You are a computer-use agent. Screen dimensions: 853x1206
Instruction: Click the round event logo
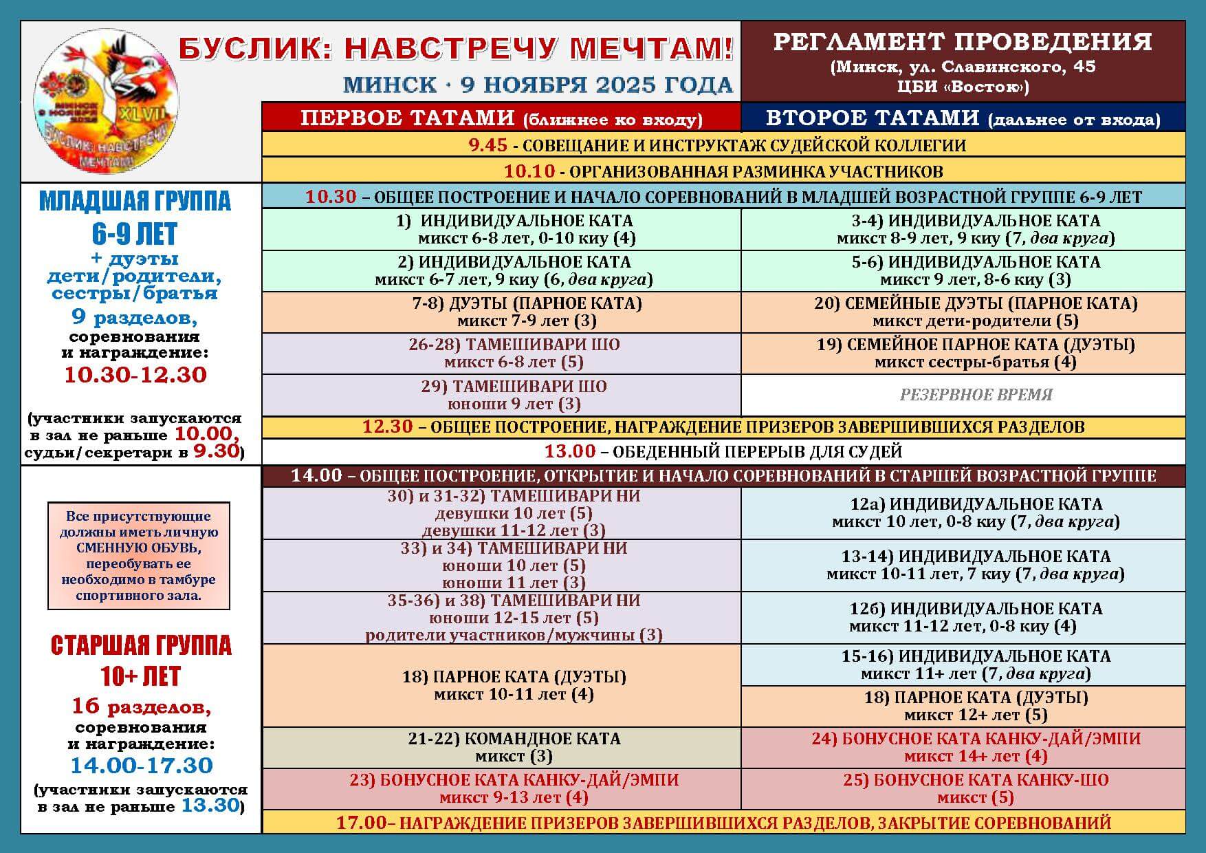pos(106,100)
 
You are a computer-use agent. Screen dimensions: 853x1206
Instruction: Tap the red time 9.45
pos(487,145)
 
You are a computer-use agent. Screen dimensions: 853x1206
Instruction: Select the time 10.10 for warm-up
pos(529,171)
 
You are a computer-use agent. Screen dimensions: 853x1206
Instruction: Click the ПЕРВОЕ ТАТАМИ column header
pos(501,118)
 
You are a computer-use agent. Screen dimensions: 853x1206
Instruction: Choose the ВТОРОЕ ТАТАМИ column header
pos(963,118)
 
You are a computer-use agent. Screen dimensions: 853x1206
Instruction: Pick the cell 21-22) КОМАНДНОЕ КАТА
pos(514,747)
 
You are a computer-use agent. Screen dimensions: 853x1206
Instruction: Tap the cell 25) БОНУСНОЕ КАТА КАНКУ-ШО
pos(976,788)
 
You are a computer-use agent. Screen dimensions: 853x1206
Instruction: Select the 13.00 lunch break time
pos(570,451)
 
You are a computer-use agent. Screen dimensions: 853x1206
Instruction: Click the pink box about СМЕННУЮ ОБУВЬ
pos(138,555)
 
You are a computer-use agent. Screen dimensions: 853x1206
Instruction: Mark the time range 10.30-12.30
pos(135,375)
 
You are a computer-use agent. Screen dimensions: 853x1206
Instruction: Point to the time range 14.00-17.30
pos(142,765)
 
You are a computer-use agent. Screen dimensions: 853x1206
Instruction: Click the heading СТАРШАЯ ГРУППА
pos(141,645)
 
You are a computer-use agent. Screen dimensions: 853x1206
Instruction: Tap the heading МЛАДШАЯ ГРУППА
pos(135,201)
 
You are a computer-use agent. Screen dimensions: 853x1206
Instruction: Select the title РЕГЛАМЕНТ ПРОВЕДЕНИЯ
pos(963,42)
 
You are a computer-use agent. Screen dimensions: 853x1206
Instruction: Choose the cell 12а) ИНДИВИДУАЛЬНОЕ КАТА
pos(976,512)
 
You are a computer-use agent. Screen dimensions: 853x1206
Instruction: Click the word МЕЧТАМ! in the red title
pos(652,48)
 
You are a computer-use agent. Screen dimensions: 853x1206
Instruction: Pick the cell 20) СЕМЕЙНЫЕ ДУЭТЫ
pos(976,312)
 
